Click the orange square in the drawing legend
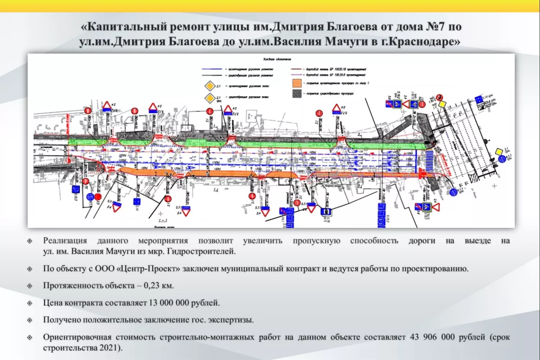coord(297,83)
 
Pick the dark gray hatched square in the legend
coord(297,94)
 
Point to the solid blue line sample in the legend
coord(212,69)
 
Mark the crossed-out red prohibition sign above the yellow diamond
coord(439,98)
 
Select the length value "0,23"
coord(151,286)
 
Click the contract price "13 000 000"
coord(169,303)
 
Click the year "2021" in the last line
coord(110,348)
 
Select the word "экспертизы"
coord(230,320)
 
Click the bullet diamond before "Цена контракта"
coord(30,303)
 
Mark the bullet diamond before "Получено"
coord(30,320)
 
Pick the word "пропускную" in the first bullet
coord(316,241)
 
